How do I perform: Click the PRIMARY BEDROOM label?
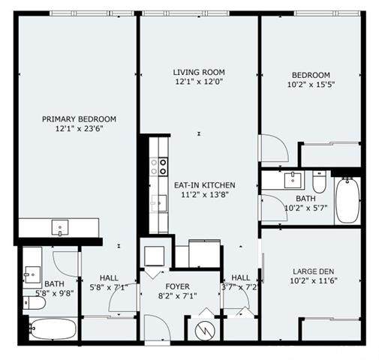click(x=79, y=119)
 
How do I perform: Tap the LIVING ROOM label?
click(x=199, y=72)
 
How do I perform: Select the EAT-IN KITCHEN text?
click(x=204, y=185)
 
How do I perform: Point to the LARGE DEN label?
click(x=313, y=271)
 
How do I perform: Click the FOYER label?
click(x=177, y=286)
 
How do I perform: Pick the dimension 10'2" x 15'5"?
click(x=311, y=85)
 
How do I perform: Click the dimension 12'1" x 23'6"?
click(x=79, y=129)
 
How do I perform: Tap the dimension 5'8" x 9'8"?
click(x=54, y=293)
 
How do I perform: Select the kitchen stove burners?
click(x=158, y=167)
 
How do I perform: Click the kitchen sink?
click(x=159, y=203)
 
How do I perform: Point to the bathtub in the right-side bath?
click(x=347, y=200)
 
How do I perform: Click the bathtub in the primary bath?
click(x=53, y=328)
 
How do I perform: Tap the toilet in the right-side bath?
click(x=319, y=182)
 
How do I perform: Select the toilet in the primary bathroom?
click(x=34, y=303)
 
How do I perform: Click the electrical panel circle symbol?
click(x=205, y=331)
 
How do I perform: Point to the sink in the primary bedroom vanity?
click(x=60, y=227)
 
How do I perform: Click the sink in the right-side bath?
click(x=293, y=180)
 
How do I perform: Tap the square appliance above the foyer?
click(x=155, y=256)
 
